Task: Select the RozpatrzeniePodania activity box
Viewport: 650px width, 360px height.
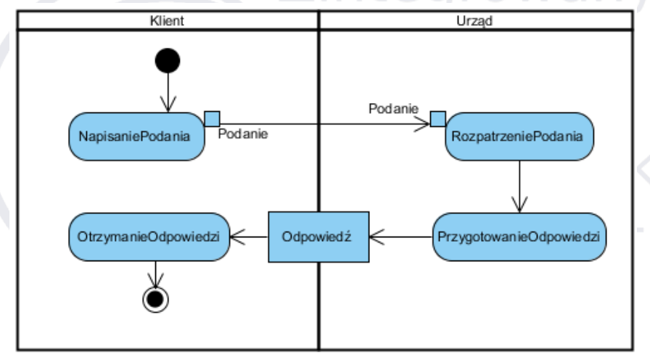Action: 519,135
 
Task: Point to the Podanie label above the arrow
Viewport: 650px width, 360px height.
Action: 392,108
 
